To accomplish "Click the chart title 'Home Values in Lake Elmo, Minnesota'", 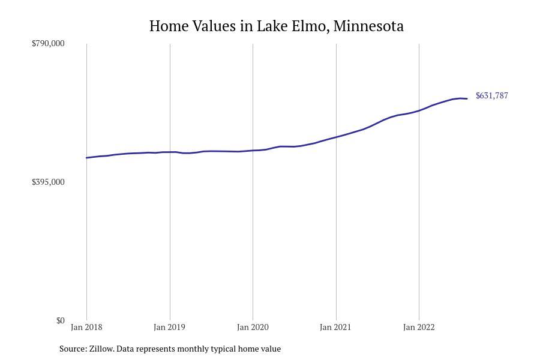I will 276,26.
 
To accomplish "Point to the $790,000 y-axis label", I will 48,43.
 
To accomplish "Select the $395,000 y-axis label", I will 48,182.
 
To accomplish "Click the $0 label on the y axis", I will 60,320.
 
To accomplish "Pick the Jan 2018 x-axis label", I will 86,327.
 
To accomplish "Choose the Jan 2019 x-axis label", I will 169,327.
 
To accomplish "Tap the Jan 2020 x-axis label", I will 253,327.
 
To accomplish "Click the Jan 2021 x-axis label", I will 335,327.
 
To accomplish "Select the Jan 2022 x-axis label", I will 419,327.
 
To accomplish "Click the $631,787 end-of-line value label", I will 491,96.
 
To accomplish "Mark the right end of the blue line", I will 467,98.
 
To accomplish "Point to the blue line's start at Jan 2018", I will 87,158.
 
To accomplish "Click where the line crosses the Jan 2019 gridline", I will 170,152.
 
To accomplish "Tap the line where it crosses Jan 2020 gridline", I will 253,151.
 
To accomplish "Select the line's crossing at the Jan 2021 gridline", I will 336,137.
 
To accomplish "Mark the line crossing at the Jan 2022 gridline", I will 419,110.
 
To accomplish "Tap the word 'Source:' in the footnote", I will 73,349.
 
